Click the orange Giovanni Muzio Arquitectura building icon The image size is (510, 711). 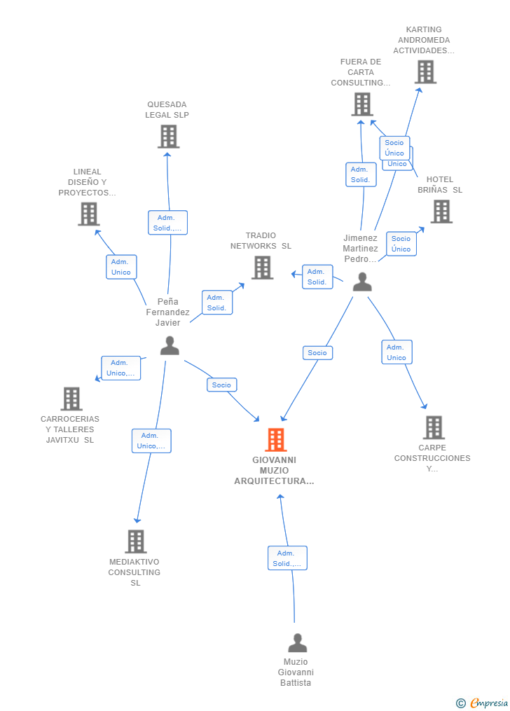tap(275, 440)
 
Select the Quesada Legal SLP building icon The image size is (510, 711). tap(169, 137)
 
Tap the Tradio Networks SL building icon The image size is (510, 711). tap(263, 268)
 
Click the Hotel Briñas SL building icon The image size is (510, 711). tap(441, 212)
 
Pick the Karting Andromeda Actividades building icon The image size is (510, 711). tap(426, 72)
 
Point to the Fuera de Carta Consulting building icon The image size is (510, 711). tap(362, 104)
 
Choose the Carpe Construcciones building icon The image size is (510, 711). tap(434, 427)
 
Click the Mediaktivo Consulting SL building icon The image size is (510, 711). tap(136, 541)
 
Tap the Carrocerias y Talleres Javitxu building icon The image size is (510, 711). tap(71, 399)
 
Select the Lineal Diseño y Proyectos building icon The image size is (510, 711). tap(89, 214)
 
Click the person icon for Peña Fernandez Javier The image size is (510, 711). tap(170, 345)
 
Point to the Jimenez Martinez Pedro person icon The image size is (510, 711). tap(362, 282)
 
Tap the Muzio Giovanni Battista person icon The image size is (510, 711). tap(298, 642)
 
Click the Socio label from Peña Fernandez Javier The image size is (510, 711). tap(221, 385)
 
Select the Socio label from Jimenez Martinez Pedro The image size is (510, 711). tap(317, 353)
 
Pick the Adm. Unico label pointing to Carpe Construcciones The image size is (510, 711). tap(397, 352)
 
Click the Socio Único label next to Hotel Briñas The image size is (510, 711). tap(401, 244)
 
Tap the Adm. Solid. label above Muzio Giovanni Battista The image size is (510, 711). tap(287, 558)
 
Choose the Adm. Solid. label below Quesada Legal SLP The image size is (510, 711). tap(167, 223)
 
